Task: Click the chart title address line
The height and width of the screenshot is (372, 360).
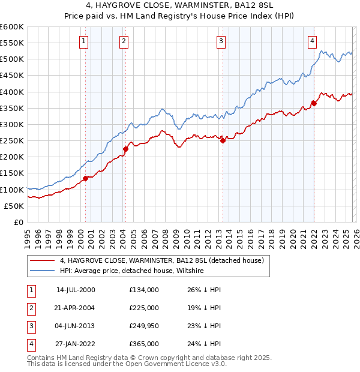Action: tap(179, 7)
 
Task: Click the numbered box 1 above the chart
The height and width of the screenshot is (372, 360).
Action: tap(83, 41)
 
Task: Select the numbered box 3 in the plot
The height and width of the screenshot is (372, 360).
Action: tap(221, 41)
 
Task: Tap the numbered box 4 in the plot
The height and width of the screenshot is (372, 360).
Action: tap(313, 41)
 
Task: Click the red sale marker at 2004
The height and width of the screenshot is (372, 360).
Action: tap(125, 149)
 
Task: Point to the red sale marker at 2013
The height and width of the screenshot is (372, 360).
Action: tap(223, 141)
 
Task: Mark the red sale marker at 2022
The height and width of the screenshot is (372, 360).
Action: tap(314, 103)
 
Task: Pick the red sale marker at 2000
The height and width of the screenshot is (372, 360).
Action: tap(85, 178)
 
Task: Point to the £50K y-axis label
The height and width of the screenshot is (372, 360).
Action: tap(14, 206)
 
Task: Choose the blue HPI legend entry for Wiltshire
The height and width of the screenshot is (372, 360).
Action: tap(132, 271)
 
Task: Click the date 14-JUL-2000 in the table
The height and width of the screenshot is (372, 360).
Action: tap(76, 290)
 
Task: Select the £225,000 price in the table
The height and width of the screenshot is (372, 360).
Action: tap(144, 308)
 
